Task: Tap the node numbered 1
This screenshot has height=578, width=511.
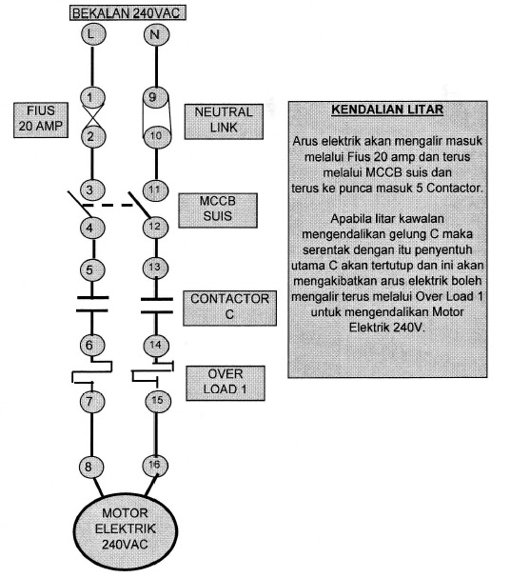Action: point(90,97)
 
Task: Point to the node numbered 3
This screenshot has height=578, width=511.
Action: point(90,189)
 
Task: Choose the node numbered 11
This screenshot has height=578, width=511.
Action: point(153,189)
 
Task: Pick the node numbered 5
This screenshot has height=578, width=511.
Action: point(90,269)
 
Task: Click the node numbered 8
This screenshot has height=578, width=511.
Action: point(90,467)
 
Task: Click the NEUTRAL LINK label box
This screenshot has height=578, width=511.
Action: point(224,121)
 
